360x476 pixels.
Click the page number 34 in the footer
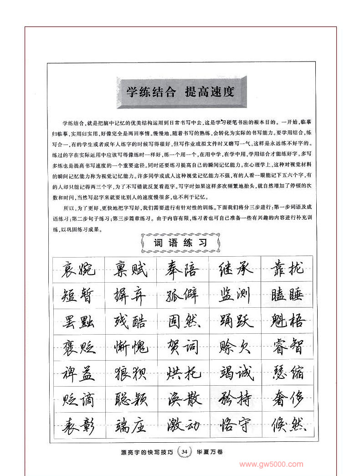pos(184,452)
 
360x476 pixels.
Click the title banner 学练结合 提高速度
pos(180,92)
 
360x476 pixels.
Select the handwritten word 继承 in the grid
pos(235,269)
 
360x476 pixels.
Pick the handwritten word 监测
pos(235,295)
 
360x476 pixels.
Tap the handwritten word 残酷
pos(130,321)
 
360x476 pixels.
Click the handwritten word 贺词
pos(182,347)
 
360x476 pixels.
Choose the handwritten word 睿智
pos(287,347)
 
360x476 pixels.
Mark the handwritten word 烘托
pos(182,373)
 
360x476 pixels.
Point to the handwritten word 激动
pos(182,425)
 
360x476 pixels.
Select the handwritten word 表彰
pos(78,425)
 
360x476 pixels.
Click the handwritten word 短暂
pos(78,295)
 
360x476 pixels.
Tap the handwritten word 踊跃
pos(235,321)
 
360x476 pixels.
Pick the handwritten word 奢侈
pos(287,399)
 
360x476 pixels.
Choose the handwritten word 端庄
pos(130,425)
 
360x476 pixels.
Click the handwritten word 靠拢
pos(287,269)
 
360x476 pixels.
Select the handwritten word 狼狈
pos(130,373)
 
